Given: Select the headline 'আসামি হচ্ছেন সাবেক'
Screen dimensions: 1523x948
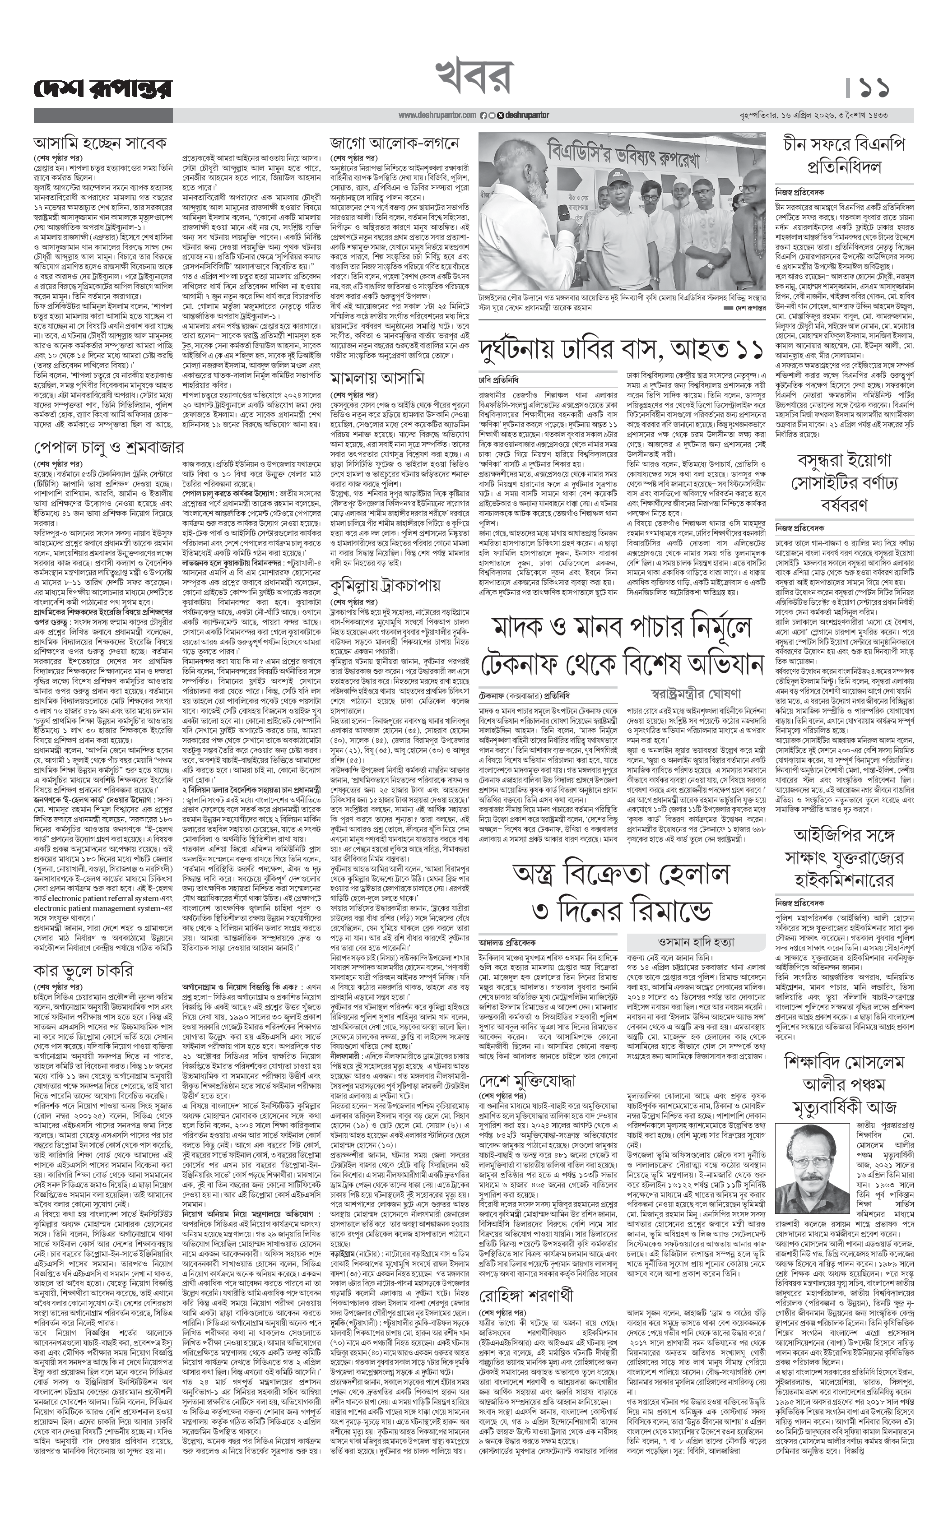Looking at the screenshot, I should (x=100, y=142).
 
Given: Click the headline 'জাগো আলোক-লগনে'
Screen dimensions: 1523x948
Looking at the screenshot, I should (x=395, y=142).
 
